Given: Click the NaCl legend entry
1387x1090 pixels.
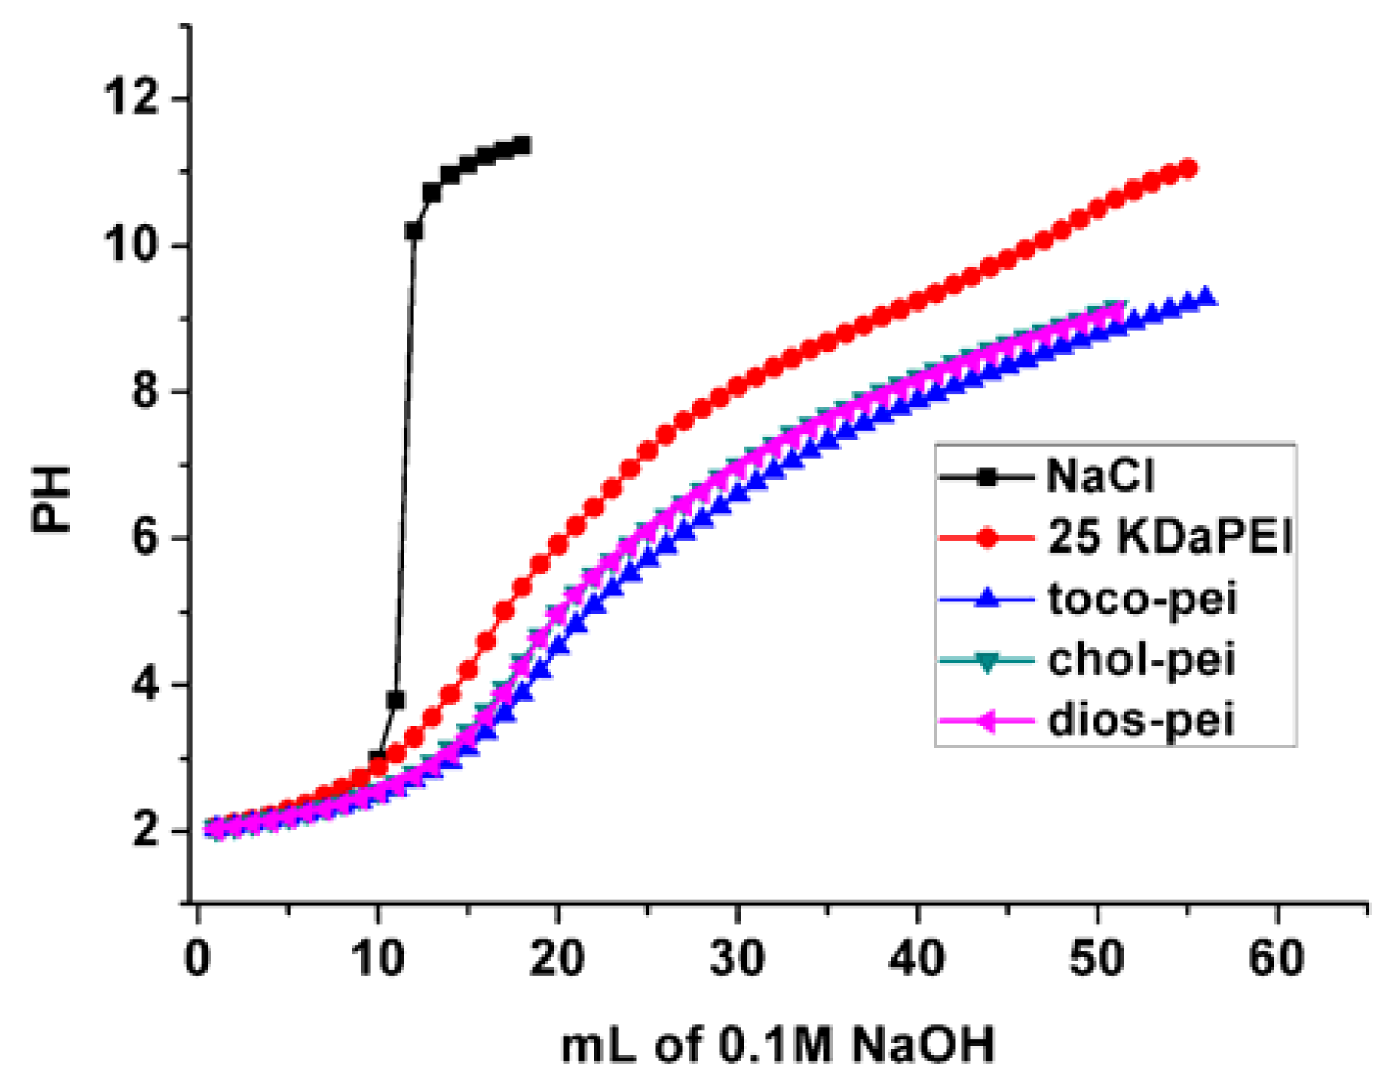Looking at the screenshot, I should click(x=1099, y=476).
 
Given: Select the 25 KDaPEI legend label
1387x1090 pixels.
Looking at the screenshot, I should click(x=1169, y=537).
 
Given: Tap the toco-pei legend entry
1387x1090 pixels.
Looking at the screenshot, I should click(x=1141, y=598).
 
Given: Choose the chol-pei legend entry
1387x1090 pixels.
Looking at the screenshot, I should click(x=1141, y=660).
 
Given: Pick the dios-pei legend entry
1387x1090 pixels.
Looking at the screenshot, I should click(x=1140, y=721).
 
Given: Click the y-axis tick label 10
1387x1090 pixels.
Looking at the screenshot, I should click(x=132, y=245).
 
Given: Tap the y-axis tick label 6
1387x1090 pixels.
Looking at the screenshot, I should click(x=146, y=538).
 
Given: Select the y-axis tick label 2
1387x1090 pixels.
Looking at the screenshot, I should click(x=146, y=831).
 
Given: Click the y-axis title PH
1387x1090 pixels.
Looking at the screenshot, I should click(x=51, y=499).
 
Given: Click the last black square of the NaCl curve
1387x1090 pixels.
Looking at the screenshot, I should click(x=522, y=145).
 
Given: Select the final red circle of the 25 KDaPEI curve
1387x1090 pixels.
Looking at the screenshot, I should click(x=1188, y=169).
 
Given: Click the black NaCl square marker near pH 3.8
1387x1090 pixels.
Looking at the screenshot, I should click(x=396, y=699).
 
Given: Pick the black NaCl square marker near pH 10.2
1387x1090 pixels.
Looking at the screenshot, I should click(x=414, y=231).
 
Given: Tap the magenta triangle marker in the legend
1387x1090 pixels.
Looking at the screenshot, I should click(x=987, y=721).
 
